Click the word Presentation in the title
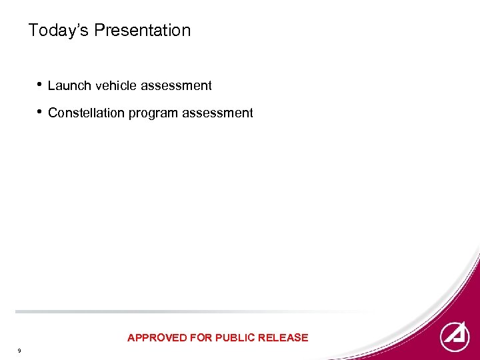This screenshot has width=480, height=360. (x=142, y=31)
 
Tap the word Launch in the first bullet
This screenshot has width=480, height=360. (x=66, y=85)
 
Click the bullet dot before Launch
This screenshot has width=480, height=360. (x=41, y=85)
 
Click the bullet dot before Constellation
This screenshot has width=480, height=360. (x=41, y=112)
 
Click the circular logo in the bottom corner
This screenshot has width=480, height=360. (x=455, y=337)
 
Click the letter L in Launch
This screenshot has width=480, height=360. (x=51, y=85)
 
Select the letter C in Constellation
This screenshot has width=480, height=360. (x=53, y=113)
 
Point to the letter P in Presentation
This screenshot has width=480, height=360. (x=98, y=31)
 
